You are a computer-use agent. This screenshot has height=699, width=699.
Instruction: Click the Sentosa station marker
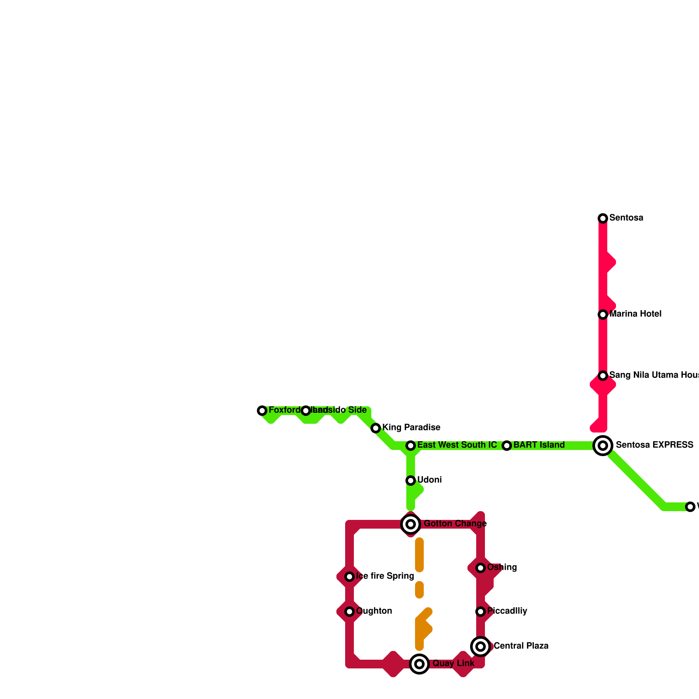click(x=603, y=218)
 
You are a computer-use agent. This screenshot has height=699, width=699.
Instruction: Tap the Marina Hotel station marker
click(x=603, y=315)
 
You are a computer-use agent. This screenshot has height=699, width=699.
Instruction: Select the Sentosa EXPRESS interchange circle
click(x=603, y=446)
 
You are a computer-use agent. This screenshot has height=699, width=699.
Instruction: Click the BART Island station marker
click(x=507, y=446)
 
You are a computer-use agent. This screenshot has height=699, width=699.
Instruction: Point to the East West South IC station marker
click(x=411, y=446)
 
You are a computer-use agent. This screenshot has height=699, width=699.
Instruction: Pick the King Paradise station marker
click(x=376, y=428)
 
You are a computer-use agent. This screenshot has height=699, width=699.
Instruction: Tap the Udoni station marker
click(x=411, y=481)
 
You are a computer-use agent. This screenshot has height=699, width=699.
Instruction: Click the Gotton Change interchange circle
click(x=411, y=524)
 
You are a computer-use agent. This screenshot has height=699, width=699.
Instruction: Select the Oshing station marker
click(x=481, y=568)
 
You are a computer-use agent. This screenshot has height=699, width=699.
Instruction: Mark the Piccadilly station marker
click(x=481, y=612)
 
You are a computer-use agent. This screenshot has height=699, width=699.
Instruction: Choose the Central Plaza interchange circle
click(x=481, y=647)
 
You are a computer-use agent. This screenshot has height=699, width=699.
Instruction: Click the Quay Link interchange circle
click(x=419, y=664)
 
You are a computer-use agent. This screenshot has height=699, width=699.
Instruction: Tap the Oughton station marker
click(x=349, y=612)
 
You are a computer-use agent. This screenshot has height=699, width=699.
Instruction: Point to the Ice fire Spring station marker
click(x=349, y=577)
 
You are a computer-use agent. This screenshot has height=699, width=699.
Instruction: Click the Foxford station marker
click(x=262, y=411)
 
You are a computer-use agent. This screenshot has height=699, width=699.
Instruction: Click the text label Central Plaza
click(x=521, y=646)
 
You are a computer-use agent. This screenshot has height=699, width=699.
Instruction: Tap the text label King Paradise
click(x=411, y=428)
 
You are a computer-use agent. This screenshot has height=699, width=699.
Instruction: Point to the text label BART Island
click(x=539, y=445)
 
